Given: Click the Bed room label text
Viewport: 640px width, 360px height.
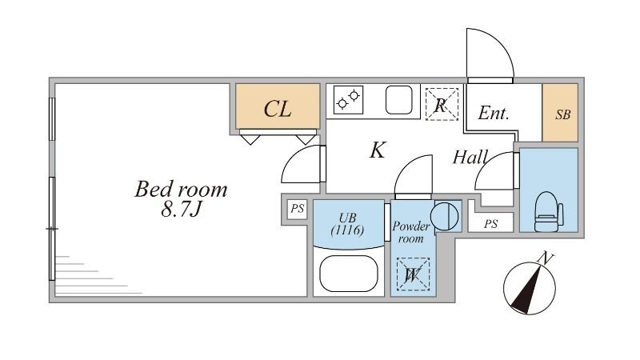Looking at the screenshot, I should tap(181, 190).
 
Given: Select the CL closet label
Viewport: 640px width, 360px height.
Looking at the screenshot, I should tap(277, 110).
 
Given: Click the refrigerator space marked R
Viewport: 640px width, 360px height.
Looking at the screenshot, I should tap(441, 104).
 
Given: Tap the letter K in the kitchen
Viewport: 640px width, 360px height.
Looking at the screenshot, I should tap(378, 150).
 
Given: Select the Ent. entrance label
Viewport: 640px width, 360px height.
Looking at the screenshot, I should tap(494, 114).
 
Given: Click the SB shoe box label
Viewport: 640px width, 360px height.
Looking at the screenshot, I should tap(563, 114).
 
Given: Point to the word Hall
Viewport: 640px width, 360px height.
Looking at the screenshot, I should tap(470, 158).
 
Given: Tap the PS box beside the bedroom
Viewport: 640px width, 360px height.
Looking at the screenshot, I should tap(297, 210).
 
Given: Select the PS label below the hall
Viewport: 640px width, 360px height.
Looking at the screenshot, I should tap(490, 224).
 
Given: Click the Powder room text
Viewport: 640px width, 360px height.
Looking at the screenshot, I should tap(411, 232).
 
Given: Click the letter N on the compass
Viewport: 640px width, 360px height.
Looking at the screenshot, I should tap(546, 258).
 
